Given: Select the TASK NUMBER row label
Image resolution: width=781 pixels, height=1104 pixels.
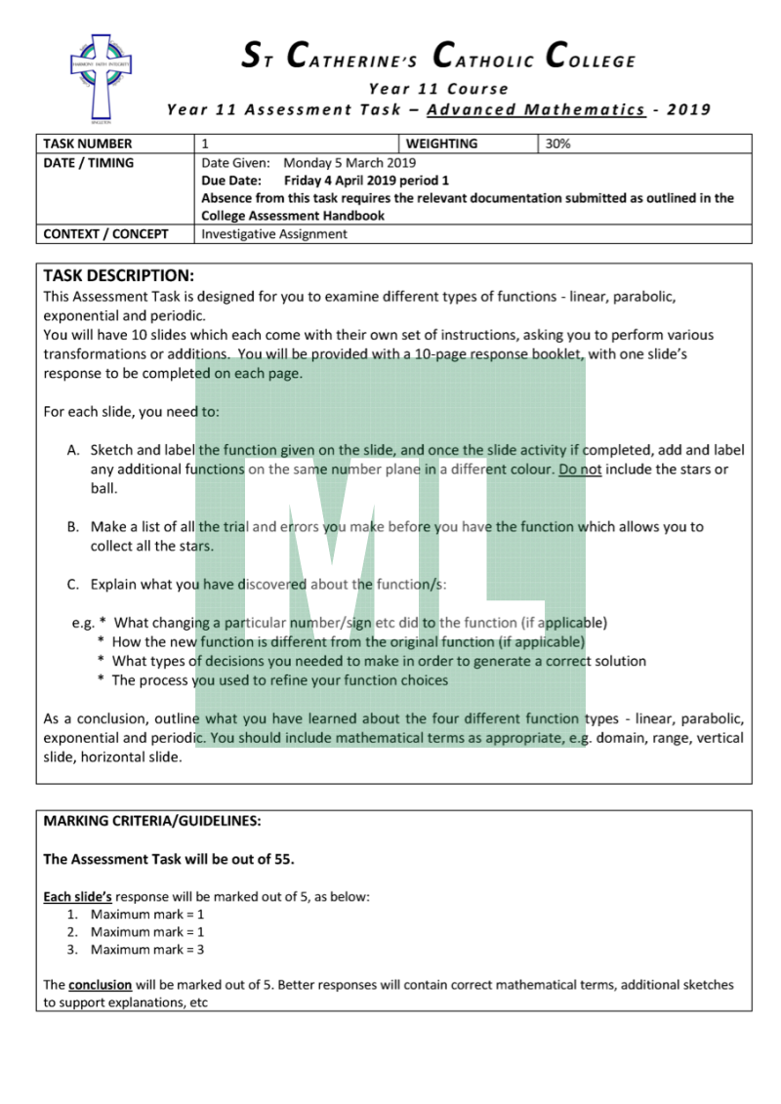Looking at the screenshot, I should coord(88,143).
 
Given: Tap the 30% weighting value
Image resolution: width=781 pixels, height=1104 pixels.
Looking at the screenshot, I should coord(558,143).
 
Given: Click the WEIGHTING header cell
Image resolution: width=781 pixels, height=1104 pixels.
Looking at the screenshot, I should coord(441,143).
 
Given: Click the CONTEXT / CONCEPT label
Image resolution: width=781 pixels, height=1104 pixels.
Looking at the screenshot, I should coord(105,234).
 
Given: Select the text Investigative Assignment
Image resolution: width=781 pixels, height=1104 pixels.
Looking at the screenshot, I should coord(273,234).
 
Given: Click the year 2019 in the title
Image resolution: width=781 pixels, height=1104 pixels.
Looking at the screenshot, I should coord(689,109).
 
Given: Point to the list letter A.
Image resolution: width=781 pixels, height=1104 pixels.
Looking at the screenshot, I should coord(73,450).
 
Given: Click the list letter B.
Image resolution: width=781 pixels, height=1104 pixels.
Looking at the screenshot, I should coord(73,526).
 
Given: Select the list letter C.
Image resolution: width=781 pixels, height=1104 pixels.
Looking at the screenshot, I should coord(73,585).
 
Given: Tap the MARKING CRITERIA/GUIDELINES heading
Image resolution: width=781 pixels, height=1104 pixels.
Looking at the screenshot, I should coord(152,821).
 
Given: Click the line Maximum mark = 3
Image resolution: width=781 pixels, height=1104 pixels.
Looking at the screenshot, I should coord(146,949).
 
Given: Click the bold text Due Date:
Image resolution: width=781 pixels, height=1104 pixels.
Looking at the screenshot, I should coord(230,181).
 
